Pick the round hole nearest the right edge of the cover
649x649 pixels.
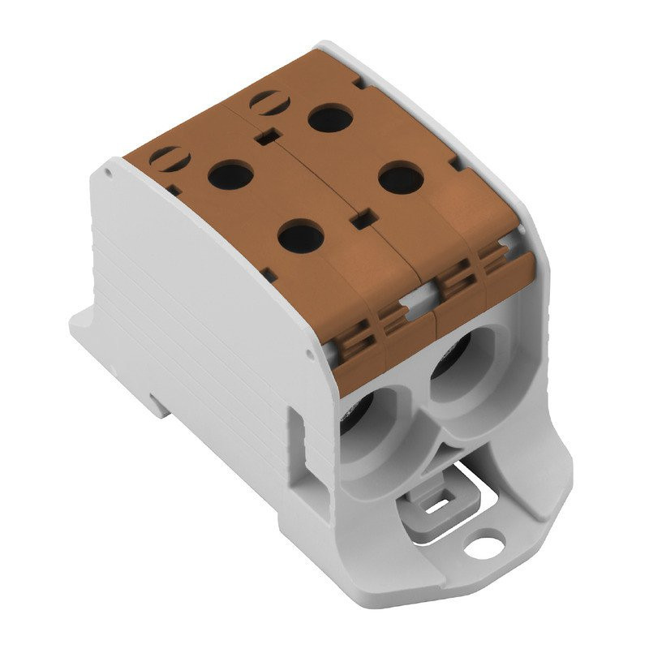[401, 178]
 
